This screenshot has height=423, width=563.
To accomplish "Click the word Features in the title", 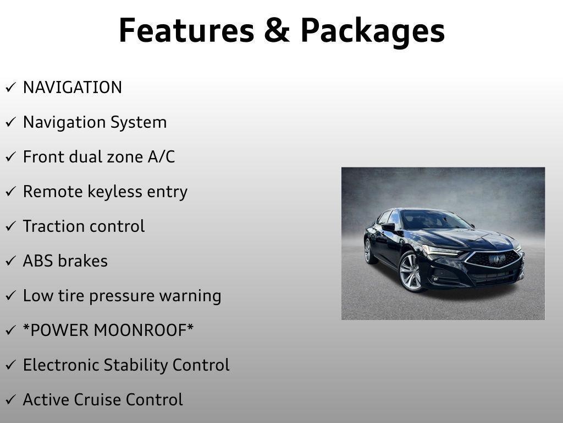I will click(x=186, y=30).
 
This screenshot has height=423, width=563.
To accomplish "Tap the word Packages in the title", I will click(x=372, y=31).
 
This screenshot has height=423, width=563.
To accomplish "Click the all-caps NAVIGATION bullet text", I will click(x=72, y=88).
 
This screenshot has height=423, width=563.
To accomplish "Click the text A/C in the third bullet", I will click(x=161, y=157).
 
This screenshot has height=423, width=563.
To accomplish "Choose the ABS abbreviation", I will click(x=37, y=261).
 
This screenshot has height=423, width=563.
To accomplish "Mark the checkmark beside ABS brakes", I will click(x=10, y=262).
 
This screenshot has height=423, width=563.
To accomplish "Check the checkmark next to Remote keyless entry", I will click(x=10, y=192).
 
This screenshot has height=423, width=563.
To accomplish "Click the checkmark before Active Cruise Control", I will click(x=10, y=400).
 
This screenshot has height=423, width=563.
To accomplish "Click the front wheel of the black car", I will click(x=410, y=272).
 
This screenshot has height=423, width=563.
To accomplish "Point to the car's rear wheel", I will click(x=368, y=251).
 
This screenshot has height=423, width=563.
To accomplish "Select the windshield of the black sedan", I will click(x=434, y=220).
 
